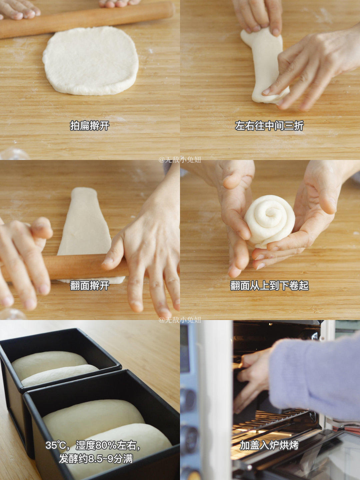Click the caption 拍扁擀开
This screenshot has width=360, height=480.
tap(89, 126)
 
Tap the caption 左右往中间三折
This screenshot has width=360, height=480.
tap(269, 126)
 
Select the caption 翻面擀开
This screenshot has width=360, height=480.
tap(89, 286)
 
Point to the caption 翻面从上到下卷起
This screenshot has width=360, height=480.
tap(269, 286)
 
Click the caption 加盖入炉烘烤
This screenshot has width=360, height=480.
tap(269, 445)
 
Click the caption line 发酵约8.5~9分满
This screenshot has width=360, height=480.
tap(96, 459)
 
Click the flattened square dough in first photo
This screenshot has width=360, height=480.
tap(91, 61)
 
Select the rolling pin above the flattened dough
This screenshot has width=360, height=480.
tap(87, 19)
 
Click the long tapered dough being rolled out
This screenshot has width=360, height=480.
tap(85, 223)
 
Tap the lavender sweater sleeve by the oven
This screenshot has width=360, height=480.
tap(317, 377)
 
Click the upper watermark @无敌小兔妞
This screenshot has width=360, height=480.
tap(180, 160)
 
